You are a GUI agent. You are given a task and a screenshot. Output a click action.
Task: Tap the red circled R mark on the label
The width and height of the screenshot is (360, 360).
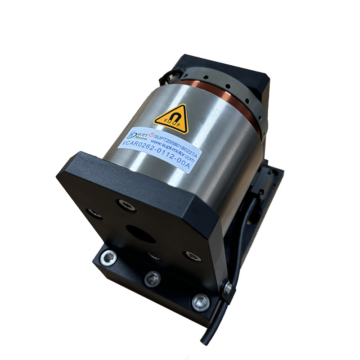(151, 134)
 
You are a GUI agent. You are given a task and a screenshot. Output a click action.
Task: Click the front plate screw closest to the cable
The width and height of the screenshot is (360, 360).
(192, 256)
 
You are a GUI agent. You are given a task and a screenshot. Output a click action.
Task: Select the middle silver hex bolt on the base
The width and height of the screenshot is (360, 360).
(152, 279)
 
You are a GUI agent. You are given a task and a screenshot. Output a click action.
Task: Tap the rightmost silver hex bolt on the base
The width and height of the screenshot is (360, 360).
(200, 302)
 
